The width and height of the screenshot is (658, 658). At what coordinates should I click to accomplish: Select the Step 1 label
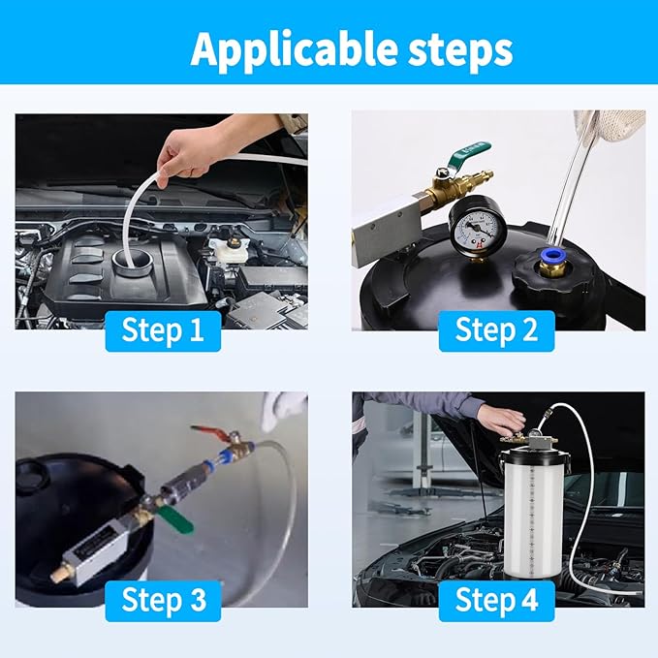(x=163, y=330)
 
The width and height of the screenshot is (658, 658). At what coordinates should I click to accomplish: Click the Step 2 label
(x=496, y=330)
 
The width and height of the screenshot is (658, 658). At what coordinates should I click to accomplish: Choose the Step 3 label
(x=163, y=600)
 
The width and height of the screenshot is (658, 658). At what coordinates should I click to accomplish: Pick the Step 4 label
(x=496, y=600)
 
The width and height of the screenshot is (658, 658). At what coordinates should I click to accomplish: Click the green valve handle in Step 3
(x=176, y=518)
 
